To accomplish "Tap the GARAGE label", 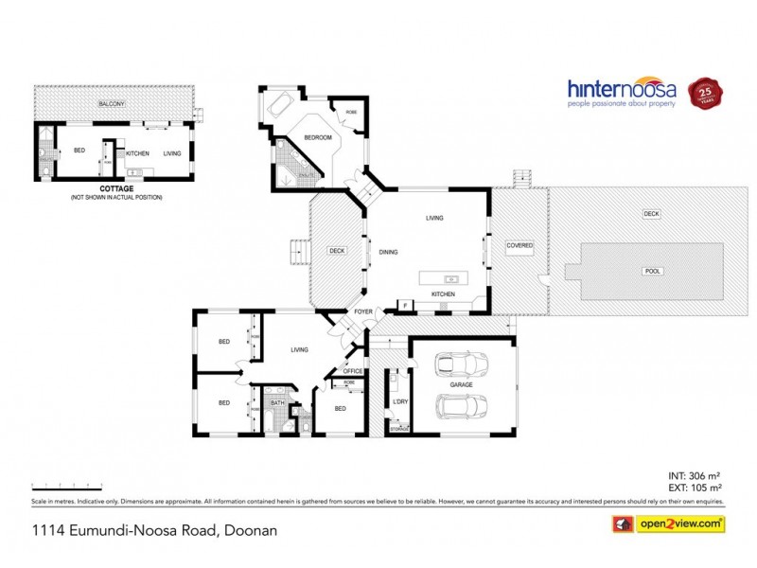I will (463, 385).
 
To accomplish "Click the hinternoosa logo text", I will (621, 90).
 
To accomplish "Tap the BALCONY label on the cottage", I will (114, 103).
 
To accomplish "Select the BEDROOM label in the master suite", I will (317, 138).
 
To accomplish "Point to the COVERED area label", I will (519, 245).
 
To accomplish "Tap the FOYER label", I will (363, 311).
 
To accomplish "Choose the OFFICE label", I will (353, 371).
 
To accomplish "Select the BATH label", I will (277, 403).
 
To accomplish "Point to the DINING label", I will (388, 252).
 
